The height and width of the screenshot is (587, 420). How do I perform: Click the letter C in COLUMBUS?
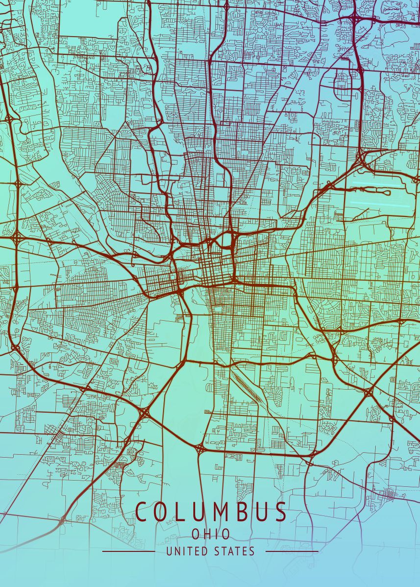[143, 512]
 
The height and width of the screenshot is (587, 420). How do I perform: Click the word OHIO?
[211, 534]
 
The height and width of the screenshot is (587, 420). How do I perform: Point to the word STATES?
[235, 551]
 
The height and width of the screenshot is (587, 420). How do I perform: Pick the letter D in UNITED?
[206, 551]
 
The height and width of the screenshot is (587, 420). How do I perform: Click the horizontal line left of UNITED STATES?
[128, 551]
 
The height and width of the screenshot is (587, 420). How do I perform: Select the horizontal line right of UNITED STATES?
[292, 551]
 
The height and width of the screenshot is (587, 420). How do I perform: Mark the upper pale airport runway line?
[372, 184]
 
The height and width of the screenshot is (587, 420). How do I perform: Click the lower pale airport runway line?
[380, 204]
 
